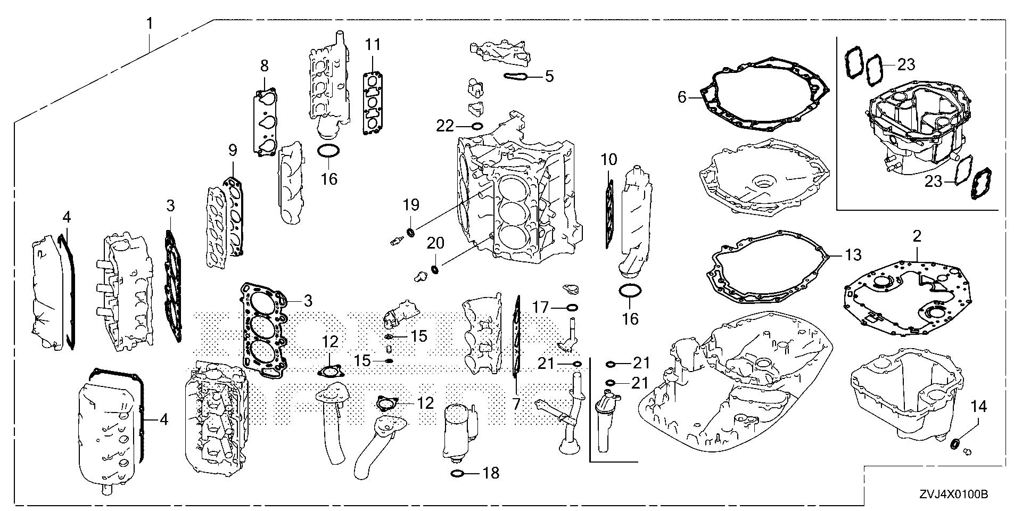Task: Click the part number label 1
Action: click(x=150, y=23)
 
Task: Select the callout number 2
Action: click(x=917, y=236)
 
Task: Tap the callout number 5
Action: click(x=549, y=76)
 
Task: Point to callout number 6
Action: click(x=681, y=97)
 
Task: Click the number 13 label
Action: click(x=853, y=255)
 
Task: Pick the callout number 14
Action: click(x=978, y=407)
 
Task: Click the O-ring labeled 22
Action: click(x=477, y=127)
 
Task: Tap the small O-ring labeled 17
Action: click(x=572, y=308)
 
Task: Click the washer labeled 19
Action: click(x=410, y=232)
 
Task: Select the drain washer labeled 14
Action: click(x=955, y=443)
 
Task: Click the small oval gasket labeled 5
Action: click(x=515, y=77)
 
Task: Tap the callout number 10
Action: click(x=609, y=159)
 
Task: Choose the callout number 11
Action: click(x=373, y=45)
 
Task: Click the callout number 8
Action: click(x=265, y=66)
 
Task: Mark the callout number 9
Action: click(x=232, y=151)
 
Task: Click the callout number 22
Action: click(x=445, y=126)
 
